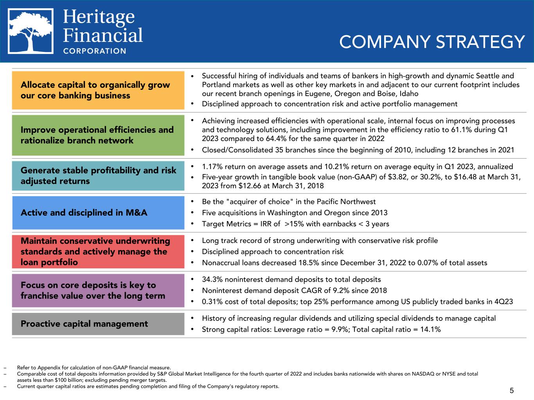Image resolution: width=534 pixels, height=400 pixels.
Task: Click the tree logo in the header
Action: (x=31, y=31)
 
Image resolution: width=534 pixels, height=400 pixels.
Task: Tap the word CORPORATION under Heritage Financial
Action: (x=95, y=51)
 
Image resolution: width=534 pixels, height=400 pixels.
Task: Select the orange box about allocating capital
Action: (x=98, y=90)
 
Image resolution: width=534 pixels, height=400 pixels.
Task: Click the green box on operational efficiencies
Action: (x=98, y=135)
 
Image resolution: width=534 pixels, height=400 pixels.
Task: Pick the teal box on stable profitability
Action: (x=98, y=176)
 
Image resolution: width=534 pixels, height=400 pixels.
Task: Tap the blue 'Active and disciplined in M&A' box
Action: (x=98, y=212)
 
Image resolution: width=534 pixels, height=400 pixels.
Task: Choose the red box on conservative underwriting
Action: (x=98, y=252)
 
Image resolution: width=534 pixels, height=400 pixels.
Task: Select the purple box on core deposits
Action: (x=98, y=290)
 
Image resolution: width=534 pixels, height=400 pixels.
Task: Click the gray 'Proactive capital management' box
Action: (x=98, y=324)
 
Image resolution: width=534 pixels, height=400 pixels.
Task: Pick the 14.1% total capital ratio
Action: (x=430, y=329)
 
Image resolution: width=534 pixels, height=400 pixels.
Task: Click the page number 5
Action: (x=512, y=390)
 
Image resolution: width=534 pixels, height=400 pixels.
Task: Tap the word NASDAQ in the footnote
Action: (x=422, y=374)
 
